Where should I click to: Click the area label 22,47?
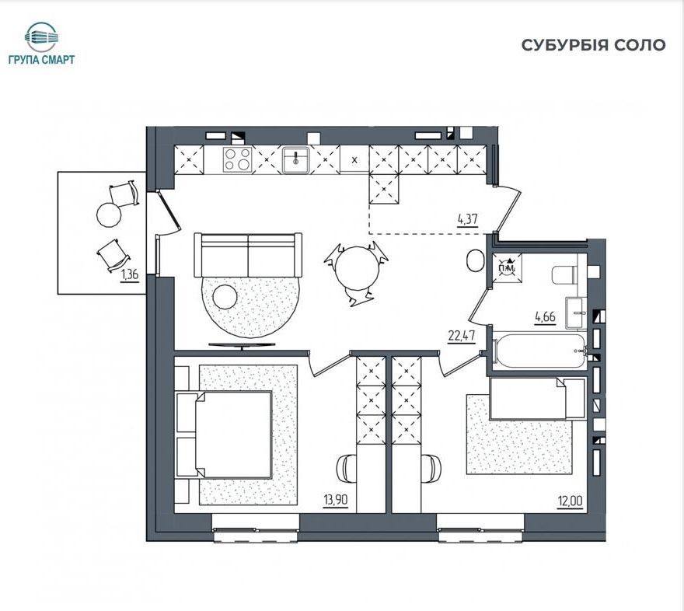(462, 336)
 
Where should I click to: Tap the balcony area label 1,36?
(130, 274)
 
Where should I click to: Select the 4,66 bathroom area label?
(546, 316)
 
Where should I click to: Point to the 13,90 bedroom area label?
(336, 500)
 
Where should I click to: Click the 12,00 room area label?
(570, 501)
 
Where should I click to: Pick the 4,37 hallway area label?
(467, 219)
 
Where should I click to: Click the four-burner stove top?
(237, 159)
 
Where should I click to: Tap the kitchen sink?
(295, 159)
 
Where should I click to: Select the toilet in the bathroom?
(564, 275)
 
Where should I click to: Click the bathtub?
(539, 351)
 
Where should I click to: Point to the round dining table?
(357, 268)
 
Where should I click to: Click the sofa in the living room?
(248, 255)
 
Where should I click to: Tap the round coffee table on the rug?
(225, 297)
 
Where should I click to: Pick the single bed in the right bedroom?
(537, 399)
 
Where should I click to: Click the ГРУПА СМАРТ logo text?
(41, 60)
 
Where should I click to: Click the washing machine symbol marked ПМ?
(507, 267)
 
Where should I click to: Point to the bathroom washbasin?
(576, 312)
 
